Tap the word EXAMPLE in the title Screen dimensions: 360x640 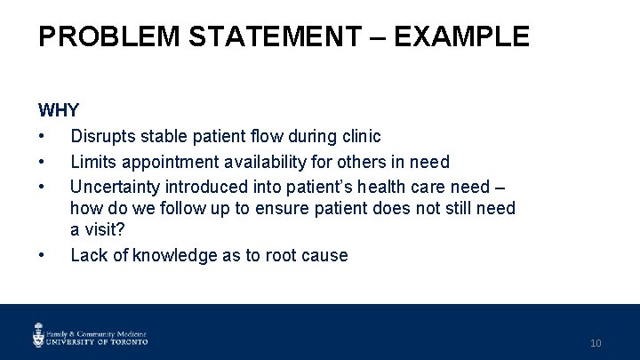tap(463, 36)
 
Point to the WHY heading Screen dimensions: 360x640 tap(59, 111)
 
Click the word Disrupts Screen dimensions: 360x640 tap(102, 136)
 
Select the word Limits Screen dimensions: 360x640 tap(92, 162)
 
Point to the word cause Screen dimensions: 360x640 tap(325, 256)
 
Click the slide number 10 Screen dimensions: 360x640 tap(596, 343)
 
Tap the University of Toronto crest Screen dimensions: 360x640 tap(39, 334)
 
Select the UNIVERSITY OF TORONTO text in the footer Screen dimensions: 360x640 tap(98, 340)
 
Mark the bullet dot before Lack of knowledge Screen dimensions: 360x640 tap(42, 256)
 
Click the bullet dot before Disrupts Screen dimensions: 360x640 tap(42, 136)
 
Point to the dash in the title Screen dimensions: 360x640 tap(377, 36)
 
